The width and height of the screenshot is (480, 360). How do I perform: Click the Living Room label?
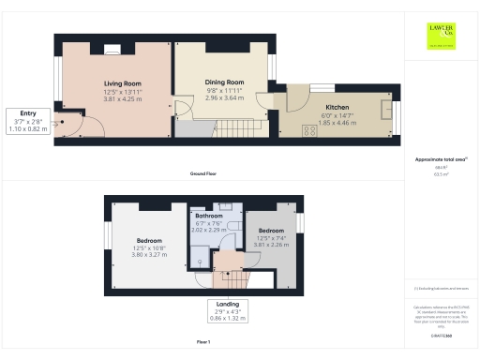[122, 83]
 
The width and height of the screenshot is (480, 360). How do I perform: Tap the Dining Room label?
[223, 82]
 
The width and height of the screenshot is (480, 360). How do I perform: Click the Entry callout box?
[27, 120]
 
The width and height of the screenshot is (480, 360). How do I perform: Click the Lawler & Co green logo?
[439, 34]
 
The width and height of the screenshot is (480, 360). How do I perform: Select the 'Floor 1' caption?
[204, 344]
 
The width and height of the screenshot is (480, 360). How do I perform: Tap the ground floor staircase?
[245, 126]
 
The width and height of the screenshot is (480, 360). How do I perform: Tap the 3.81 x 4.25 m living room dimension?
[122, 97]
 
